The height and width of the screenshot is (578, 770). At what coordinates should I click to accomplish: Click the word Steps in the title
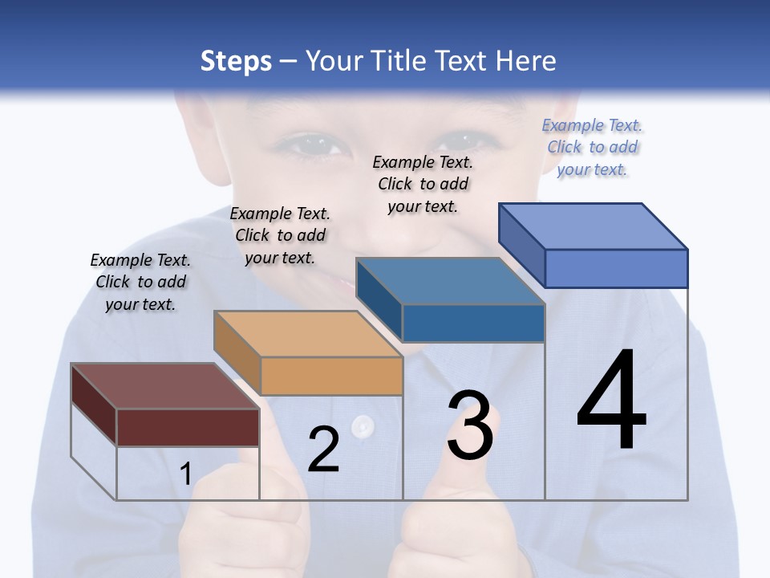pyautogui.click(x=236, y=61)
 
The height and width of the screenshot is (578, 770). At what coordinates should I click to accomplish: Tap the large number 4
pyautogui.click(x=611, y=401)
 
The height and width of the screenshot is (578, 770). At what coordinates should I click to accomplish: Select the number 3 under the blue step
pyautogui.click(x=470, y=425)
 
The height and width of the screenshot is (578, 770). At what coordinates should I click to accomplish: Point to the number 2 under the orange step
pyautogui.click(x=323, y=450)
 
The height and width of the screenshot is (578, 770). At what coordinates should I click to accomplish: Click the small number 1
pyautogui.click(x=185, y=474)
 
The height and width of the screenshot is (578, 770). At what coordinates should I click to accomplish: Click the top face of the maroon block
pyautogui.click(x=164, y=386)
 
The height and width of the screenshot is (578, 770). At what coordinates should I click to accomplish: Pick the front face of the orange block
pyautogui.click(x=331, y=376)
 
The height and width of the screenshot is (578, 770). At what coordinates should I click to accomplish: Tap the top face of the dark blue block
pyautogui.click(x=449, y=281)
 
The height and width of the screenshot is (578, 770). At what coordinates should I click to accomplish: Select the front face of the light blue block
pyautogui.click(x=616, y=268)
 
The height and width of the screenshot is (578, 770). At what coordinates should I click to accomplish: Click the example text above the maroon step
pyautogui.click(x=140, y=282)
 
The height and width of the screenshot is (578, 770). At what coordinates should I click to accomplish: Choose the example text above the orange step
pyautogui.click(x=280, y=235)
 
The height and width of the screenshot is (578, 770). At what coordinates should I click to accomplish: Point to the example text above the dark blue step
pyautogui.click(x=423, y=184)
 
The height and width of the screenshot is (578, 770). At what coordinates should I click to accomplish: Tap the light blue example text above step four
pyautogui.click(x=592, y=147)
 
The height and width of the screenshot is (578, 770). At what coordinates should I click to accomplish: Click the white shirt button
pyautogui.click(x=363, y=425)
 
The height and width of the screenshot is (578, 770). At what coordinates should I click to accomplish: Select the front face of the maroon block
pyautogui.click(x=188, y=427)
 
